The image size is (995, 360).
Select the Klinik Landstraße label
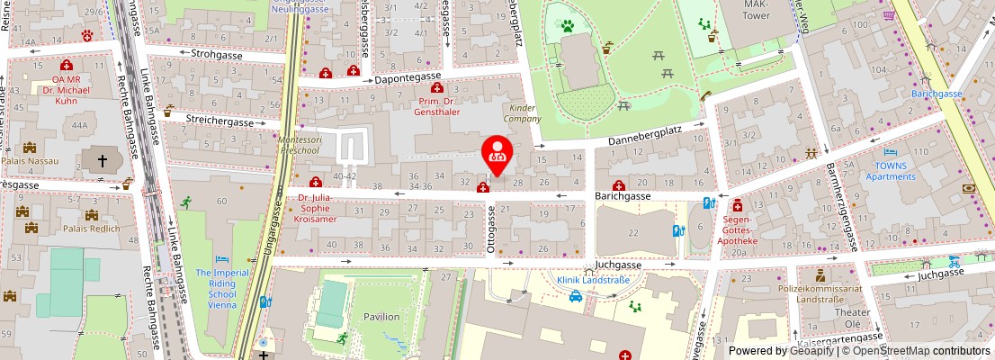point(592,280)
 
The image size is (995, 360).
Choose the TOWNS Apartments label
point(890,171)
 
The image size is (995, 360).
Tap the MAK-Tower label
point(755,10)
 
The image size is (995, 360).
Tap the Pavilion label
point(381,317)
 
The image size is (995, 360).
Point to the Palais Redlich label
point(90,229)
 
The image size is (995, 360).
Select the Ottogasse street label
point(492,230)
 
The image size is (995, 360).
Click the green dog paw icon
point(568,26)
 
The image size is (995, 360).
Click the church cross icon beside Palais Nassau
point(102,161)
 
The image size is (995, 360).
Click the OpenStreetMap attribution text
point(918,351)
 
